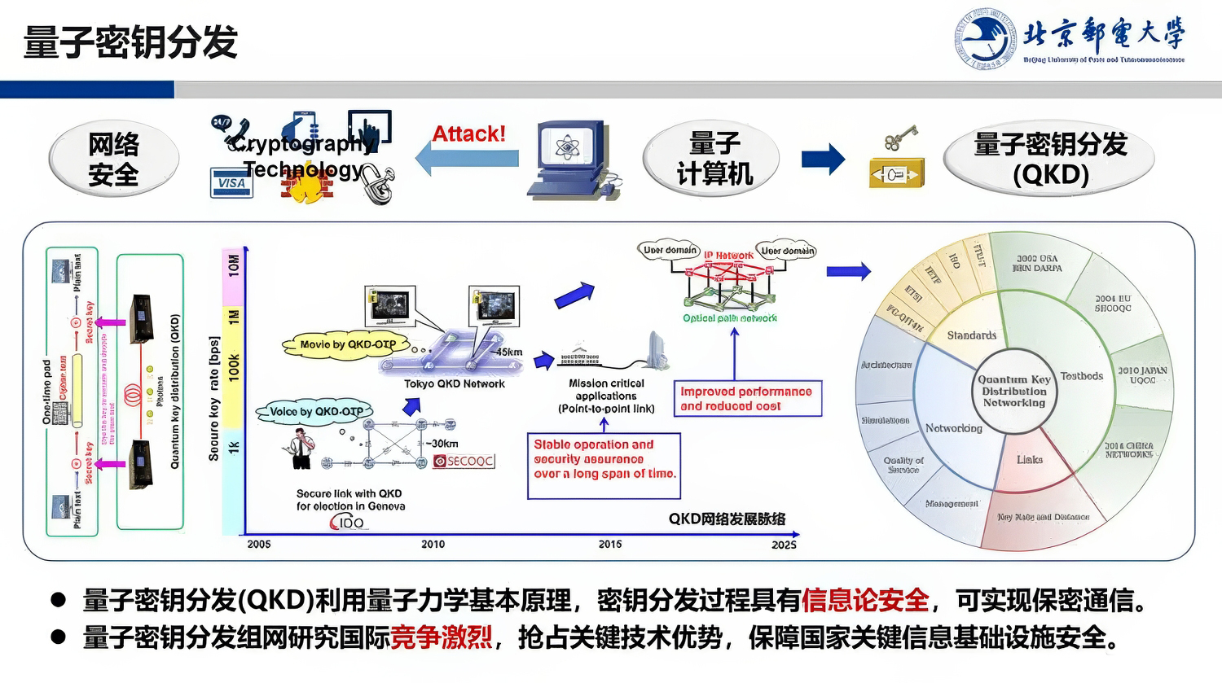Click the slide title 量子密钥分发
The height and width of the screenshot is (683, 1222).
coord(130,42)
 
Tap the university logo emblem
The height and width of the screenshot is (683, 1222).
coord(986,38)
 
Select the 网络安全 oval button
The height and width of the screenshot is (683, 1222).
coord(113,160)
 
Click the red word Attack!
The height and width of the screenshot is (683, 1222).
coord(468,134)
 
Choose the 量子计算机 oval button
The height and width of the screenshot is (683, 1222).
coord(712,160)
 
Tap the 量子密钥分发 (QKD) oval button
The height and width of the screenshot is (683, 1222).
coord(1049,160)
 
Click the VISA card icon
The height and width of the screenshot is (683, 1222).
coord(231,183)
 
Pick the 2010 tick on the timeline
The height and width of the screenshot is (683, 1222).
coord(433,544)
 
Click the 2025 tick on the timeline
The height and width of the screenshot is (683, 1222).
coord(784,544)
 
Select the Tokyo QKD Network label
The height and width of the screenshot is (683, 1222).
coord(455,384)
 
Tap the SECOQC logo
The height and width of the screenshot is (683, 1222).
coord(464,461)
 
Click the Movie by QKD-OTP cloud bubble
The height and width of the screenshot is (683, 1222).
coord(348,344)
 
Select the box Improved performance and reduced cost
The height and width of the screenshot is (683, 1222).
coord(747,399)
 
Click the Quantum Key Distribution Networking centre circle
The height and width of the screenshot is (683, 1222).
coord(1013,392)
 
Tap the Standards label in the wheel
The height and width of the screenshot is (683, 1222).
coord(971,335)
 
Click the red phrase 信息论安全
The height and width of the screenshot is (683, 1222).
coord(865,601)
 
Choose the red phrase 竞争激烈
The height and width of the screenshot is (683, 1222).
coord(441,637)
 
